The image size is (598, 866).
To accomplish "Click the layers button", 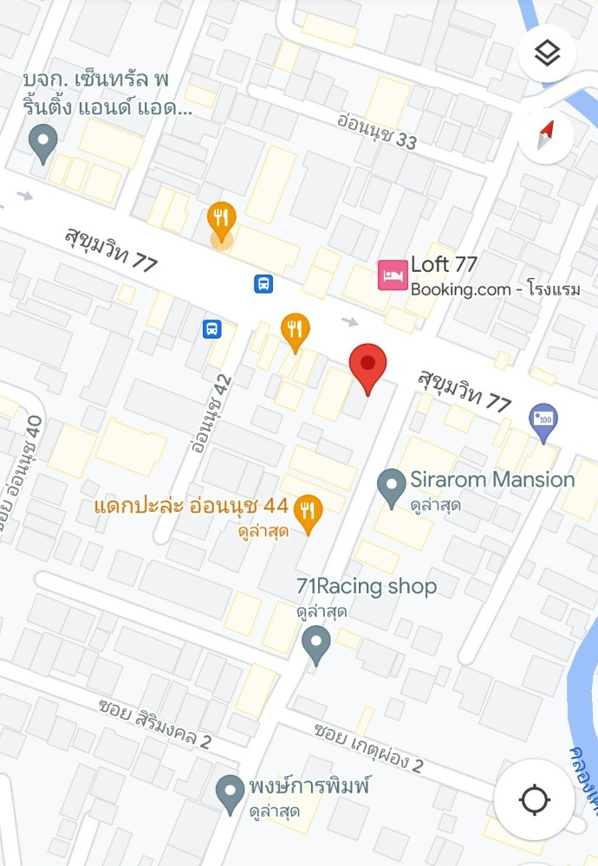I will pos(547,54).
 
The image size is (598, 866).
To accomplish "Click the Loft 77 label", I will pos(444,265).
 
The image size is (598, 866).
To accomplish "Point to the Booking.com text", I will pos(460,290).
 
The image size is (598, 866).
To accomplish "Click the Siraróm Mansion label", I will pos(492,480).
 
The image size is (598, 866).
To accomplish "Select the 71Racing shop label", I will pos(367,587).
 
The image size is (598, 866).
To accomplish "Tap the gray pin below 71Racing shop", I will pos(315,644).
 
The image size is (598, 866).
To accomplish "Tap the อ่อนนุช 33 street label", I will pos(377,130).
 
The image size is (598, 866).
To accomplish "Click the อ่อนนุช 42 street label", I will pos(211,416).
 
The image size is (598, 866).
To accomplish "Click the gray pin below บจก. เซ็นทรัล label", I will pos(42,142).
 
